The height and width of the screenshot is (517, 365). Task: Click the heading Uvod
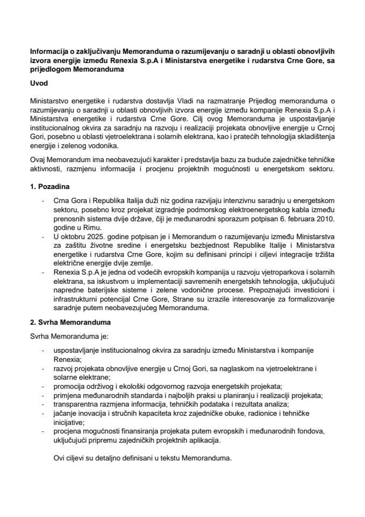tap(39, 85)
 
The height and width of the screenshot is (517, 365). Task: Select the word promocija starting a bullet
tap(67, 387)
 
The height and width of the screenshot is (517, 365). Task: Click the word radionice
tap(269, 413)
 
